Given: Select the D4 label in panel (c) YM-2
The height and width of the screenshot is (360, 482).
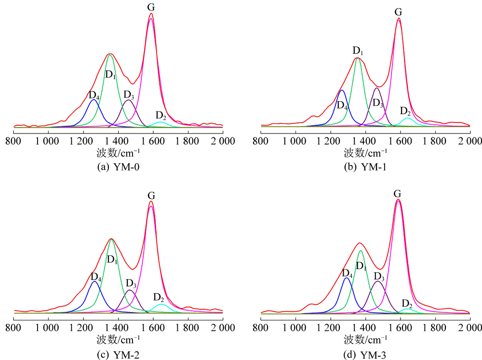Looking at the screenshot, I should pyautogui.click(x=96, y=277).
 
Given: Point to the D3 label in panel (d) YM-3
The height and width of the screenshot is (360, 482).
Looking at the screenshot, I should pyautogui.click(x=379, y=276).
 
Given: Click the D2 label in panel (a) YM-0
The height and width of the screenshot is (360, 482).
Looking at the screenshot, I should pyautogui.click(x=161, y=116).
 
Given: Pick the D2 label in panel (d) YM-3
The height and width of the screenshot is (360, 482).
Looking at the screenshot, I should pyautogui.click(x=407, y=304).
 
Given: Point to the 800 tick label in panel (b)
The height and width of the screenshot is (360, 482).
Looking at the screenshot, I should pyautogui.click(x=261, y=141).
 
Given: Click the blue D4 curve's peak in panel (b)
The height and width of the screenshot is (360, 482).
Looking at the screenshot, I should pyautogui.click(x=342, y=90).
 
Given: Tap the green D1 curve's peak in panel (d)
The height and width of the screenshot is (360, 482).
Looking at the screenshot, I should pyautogui.click(x=361, y=251).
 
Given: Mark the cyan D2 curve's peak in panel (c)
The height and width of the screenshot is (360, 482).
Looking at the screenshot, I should pyautogui.click(x=161, y=305).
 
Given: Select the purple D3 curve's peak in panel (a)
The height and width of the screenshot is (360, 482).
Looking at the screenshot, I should pyautogui.click(x=128, y=100).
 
